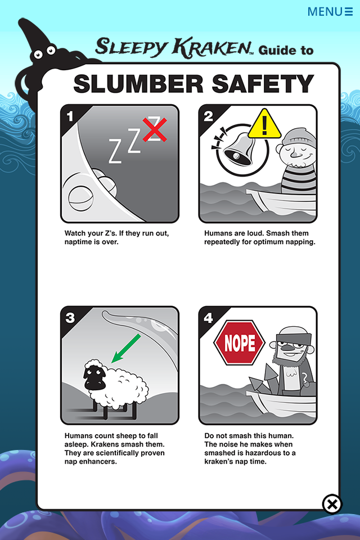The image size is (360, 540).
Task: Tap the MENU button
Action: [x=330, y=12]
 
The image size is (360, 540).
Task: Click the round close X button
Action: [x=332, y=504]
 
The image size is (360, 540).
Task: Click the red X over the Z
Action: [x=155, y=129]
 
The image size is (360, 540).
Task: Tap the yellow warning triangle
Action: [x=264, y=124]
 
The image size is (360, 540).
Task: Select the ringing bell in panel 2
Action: [x=238, y=148]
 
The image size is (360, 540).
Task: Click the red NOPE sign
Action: [x=239, y=343]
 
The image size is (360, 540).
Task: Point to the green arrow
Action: [x=126, y=348]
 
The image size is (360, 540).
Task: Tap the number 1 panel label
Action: [x=70, y=116]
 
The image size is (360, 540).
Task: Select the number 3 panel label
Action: [x=70, y=318]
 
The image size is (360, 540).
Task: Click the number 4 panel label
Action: [x=208, y=318]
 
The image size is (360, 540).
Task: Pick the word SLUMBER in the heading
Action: [x=138, y=84]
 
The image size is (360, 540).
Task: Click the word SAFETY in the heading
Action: [x=263, y=84]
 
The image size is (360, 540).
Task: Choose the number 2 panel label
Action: [x=208, y=116]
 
